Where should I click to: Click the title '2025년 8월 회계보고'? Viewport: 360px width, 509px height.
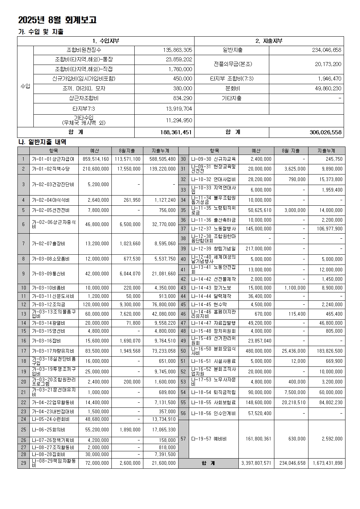(57, 20)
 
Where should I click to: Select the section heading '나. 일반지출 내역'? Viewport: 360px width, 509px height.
(42, 142)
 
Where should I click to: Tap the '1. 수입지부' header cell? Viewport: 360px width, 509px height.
(106, 41)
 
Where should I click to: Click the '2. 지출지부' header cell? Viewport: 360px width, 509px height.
(269, 41)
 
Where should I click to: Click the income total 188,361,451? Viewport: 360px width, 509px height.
(176, 132)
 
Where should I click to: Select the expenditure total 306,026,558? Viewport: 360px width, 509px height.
(326, 132)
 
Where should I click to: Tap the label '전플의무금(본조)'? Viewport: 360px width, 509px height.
(232, 64)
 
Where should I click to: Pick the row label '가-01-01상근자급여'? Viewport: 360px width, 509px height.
(53, 159)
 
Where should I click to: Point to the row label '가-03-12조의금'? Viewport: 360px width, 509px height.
(49, 305)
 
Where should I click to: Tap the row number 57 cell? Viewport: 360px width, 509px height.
(183, 439)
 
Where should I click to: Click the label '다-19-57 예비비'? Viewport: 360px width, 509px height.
(209, 439)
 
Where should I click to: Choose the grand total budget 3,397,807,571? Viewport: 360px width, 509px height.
(256, 463)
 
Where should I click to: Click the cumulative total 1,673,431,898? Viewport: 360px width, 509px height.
(327, 463)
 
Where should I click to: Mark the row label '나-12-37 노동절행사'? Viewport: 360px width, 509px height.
(213, 229)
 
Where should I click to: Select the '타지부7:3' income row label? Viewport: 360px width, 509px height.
(84, 108)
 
